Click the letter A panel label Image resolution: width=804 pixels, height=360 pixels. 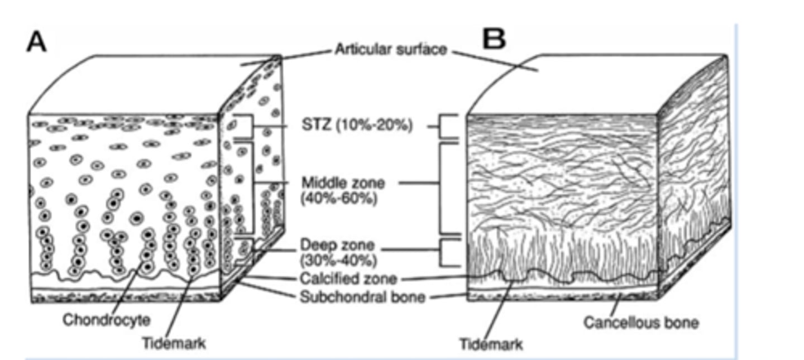(x=36, y=42)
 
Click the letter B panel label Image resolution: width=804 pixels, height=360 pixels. (x=494, y=40)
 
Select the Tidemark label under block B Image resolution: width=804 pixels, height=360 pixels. (x=491, y=344)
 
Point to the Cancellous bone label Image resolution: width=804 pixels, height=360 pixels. (x=641, y=322)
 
